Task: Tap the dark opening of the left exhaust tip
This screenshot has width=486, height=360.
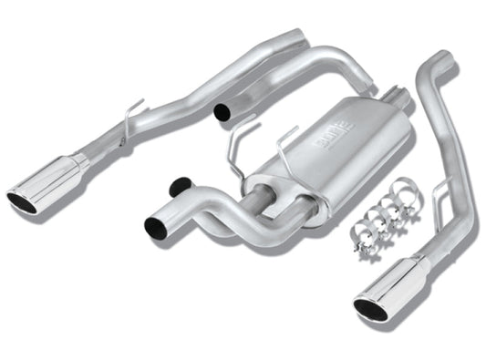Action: point(22,201)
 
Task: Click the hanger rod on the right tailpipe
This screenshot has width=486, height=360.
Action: point(441,193)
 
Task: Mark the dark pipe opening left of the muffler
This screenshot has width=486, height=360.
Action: point(222,111)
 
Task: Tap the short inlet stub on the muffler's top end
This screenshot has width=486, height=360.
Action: point(397,100)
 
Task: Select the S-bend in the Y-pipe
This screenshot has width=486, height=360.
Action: point(223,214)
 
